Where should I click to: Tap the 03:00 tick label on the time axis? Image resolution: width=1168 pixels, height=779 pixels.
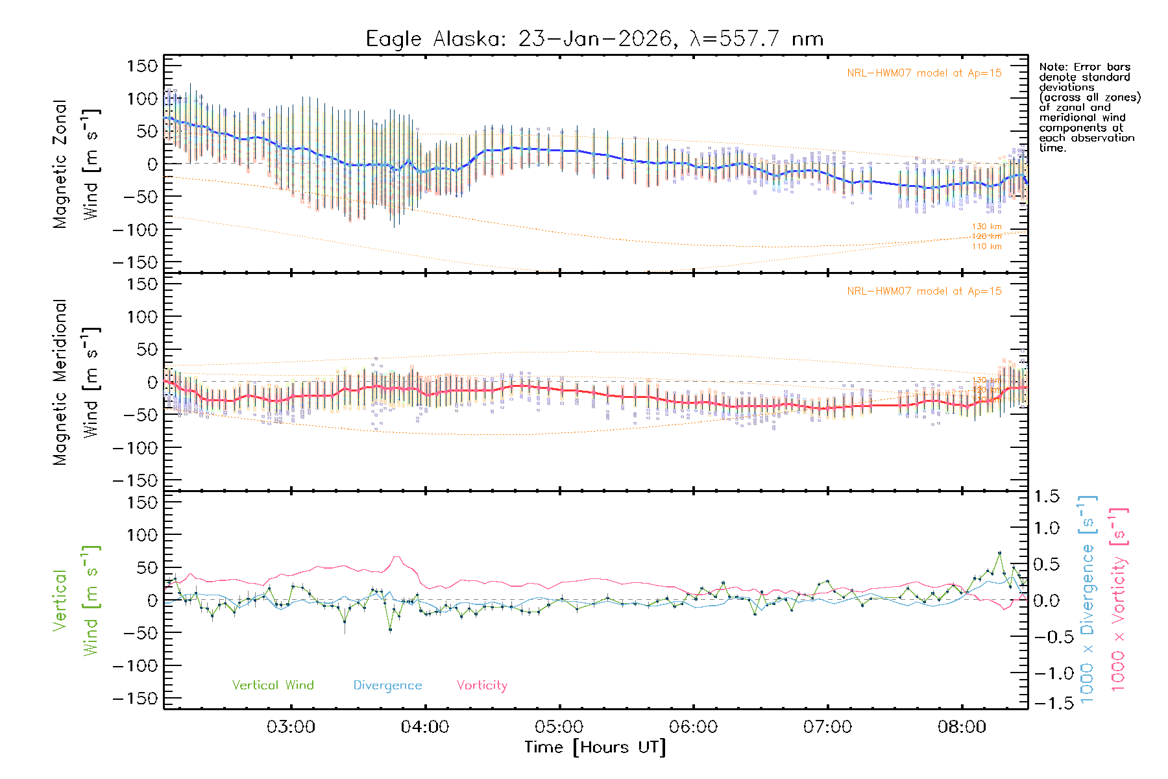point(291,727)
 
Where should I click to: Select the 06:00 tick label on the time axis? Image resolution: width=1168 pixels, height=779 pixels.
point(693,727)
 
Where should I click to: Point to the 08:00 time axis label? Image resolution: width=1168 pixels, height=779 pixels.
point(962,727)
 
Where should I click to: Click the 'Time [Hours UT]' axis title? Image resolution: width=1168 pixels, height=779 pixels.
point(594,747)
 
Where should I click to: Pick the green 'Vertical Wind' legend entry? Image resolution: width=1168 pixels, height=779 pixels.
point(273,686)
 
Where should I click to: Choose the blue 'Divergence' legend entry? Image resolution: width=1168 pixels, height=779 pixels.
point(387,686)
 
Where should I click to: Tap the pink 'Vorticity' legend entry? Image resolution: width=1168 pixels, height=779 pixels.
point(481,686)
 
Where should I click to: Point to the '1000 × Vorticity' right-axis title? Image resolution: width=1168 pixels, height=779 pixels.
point(1119,600)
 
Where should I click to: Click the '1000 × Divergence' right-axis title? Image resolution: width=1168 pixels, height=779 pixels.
point(1088,600)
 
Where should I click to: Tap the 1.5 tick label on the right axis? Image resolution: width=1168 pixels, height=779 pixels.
point(1047,497)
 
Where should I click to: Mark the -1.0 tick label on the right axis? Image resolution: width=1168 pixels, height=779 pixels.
point(1047,673)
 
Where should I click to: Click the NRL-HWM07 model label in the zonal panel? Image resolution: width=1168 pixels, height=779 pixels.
point(924,73)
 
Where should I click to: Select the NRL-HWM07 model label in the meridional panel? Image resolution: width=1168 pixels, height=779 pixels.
point(924,291)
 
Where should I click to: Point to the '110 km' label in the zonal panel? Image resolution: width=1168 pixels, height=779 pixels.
point(986,247)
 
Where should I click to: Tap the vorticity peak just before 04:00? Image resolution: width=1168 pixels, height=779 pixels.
point(396,557)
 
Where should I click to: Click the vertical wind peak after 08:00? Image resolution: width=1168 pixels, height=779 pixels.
point(999,552)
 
